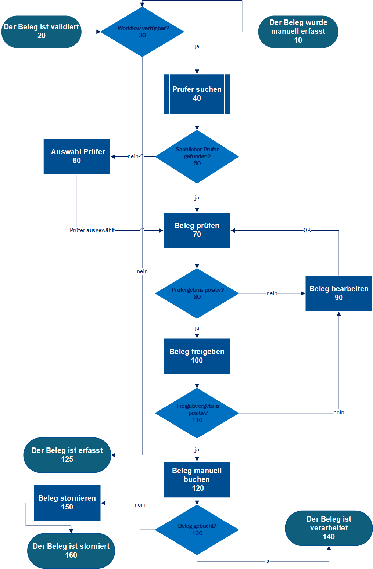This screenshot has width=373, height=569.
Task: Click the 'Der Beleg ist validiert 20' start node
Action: (41, 32)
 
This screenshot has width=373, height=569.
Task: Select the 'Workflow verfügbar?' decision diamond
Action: (142, 32)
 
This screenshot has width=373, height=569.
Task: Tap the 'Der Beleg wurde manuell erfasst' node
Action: (298, 32)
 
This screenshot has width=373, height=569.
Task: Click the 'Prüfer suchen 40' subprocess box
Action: (197, 94)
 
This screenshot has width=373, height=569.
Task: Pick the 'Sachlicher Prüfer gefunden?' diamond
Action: (197, 156)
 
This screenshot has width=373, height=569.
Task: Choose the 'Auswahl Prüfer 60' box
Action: (77, 156)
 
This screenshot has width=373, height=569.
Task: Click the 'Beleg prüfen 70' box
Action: (197, 230)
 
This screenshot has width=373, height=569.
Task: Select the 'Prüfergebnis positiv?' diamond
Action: (197, 293)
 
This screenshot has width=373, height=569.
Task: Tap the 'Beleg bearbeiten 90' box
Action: (338, 293)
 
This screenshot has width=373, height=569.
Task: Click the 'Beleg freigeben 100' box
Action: (197, 356)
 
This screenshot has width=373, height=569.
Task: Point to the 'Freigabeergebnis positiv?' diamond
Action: (197, 413)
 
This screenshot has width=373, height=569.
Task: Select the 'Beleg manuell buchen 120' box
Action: (197, 479)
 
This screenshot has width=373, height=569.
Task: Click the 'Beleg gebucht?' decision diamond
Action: (197, 530)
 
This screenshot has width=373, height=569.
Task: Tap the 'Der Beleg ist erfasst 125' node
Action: (67, 455)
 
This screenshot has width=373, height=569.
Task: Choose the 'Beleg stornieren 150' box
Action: (67, 503)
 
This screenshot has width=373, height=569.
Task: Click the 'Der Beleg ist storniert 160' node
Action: (71, 551)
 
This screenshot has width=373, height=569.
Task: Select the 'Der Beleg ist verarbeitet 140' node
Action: (329, 528)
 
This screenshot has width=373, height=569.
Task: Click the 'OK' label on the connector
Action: (307, 230)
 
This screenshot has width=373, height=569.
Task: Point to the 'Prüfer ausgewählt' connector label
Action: (92, 230)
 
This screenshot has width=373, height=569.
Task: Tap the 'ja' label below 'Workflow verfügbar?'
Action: (197, 47)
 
